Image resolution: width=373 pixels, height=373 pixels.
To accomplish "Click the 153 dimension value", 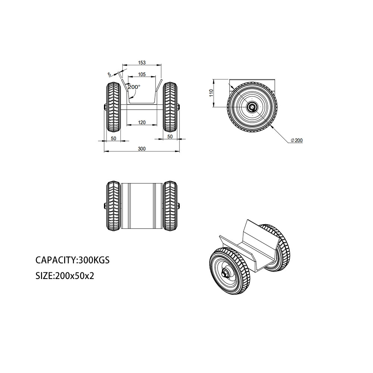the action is point(142,63).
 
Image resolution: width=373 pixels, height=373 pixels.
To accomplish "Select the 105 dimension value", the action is point(142,75).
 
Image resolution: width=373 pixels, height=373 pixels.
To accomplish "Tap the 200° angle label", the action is point(134,87).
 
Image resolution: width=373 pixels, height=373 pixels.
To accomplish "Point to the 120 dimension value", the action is point(142,122).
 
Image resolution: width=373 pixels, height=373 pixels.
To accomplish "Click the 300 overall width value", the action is point(142,149).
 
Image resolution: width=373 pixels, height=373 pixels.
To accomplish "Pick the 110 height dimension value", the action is point(211,93).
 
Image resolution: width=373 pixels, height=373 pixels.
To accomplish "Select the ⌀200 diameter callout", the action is point(297,140).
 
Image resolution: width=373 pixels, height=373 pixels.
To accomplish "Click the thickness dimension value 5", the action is point(109,75).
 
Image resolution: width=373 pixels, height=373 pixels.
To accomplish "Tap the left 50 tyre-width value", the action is point(113,138).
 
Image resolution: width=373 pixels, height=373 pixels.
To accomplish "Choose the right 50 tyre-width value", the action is point(170,137).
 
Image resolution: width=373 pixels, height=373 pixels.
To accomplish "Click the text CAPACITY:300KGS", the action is point(73,260).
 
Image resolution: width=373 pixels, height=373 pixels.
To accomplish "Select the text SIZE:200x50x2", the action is point(65,276).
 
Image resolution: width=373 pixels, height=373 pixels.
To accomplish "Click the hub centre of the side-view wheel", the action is point(252,107).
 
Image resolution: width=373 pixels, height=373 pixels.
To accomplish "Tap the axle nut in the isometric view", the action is point(225,274).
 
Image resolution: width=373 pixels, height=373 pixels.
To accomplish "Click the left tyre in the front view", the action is point(113,107).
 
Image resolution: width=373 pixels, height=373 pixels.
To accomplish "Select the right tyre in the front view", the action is point(170,107).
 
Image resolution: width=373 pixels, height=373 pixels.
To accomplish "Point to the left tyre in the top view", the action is point(113,206).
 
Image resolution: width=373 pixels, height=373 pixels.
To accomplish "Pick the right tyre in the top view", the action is point(170,206).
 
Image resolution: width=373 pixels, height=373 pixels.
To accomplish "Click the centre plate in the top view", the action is point(142,206).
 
